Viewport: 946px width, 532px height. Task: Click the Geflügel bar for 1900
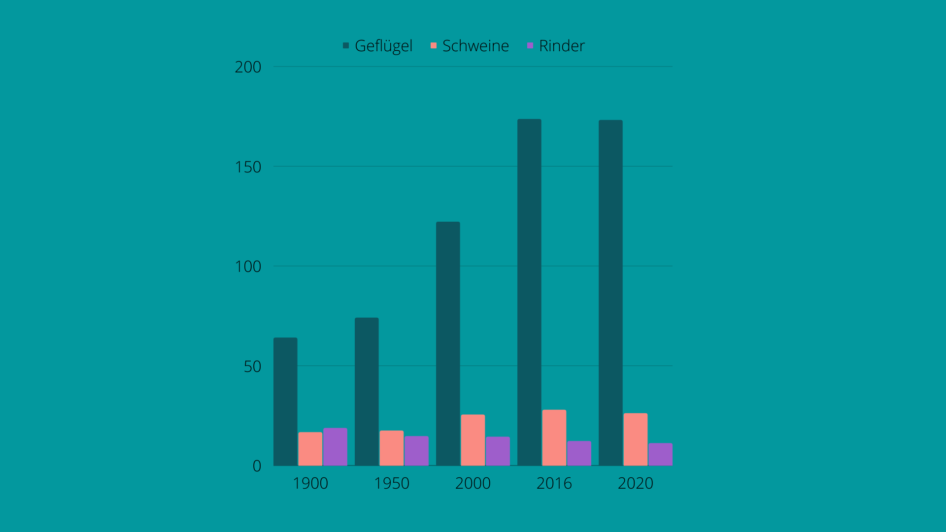point(285,401)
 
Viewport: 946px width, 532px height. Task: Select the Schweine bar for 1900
point(310,449)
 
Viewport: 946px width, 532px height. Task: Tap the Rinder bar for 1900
point(335,447)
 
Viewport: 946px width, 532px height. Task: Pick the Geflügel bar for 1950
point(367,392)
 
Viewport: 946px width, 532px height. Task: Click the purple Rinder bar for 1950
point(416,451)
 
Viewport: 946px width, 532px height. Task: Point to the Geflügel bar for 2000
point(448,343)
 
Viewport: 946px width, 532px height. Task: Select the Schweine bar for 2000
point(473,440)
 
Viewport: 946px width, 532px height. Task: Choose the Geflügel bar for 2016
point(529,292)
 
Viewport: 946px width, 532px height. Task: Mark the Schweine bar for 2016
point(554,437)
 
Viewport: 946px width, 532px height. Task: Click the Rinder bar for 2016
point(579,453)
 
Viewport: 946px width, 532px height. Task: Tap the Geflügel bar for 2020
point(610,293)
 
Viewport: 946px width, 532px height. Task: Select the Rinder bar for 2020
point(660,454)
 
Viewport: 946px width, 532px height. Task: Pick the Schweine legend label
point(475,46)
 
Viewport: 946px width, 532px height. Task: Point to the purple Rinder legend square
point(530,46)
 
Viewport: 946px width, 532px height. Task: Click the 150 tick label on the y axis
point(248,167)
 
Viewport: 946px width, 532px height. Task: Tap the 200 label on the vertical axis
point(248,67)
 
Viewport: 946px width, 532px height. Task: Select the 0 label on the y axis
point(257,466)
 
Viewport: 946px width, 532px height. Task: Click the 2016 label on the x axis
point(554,483)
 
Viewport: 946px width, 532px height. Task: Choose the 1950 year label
point(391,483)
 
